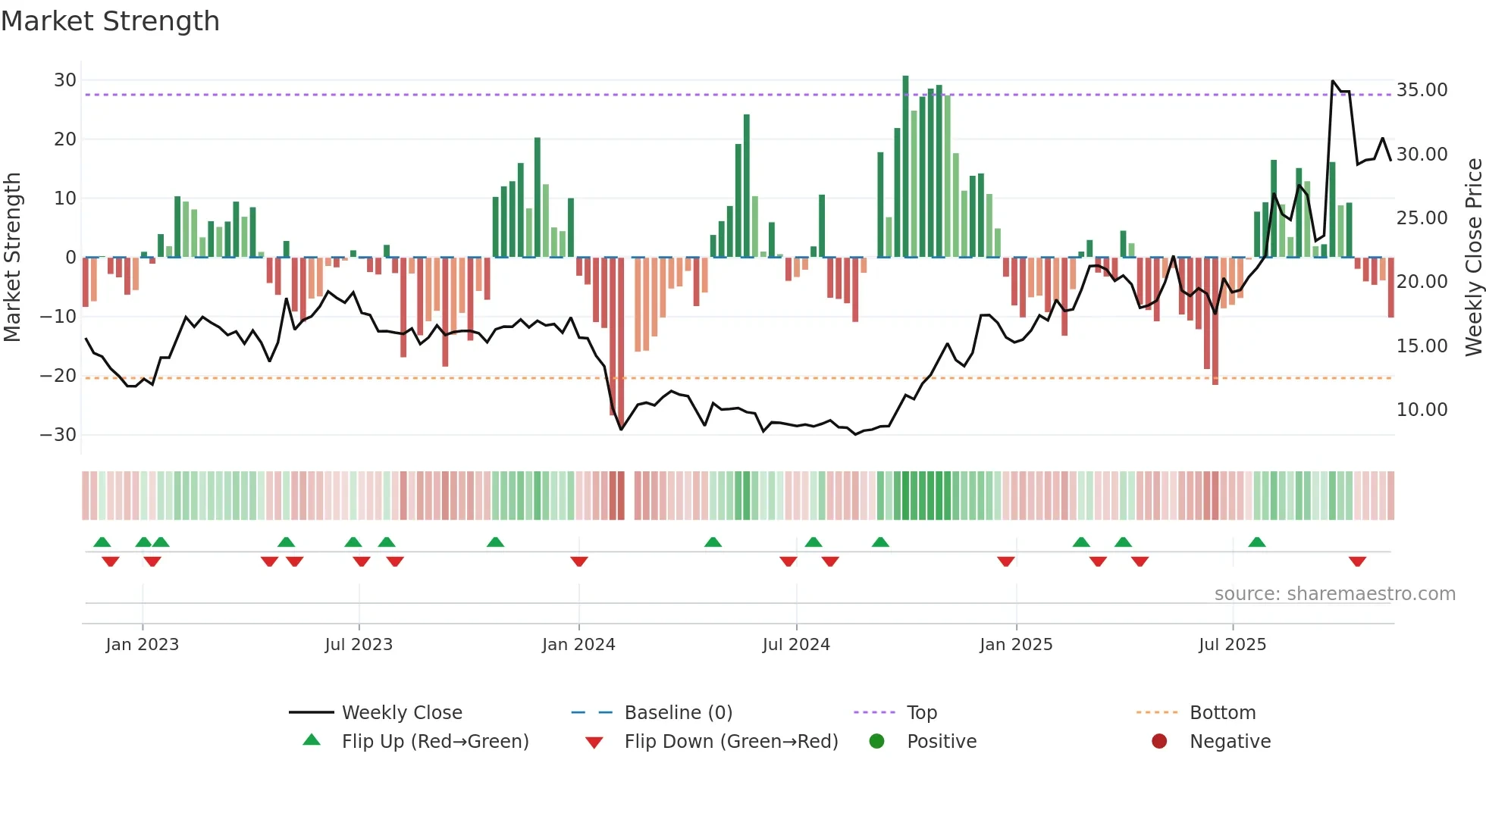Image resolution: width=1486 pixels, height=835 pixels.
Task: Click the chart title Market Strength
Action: (x=110, y=21)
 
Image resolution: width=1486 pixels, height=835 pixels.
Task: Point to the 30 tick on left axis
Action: (x=65, y=80)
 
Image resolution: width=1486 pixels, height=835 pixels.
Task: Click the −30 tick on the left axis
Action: (x=58, y=435)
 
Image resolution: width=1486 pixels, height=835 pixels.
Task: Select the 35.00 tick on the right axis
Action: (x=1422, y=90)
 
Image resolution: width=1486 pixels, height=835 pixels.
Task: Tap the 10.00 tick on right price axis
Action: (x=1422, y=410)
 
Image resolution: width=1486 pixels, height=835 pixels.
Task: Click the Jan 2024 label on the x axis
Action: (x=578, y=645)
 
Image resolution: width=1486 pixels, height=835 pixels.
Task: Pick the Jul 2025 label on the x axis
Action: (x=1232, y=645)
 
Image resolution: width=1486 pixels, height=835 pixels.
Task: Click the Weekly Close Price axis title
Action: (x=1473, y=258)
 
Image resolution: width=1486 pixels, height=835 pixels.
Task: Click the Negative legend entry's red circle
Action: (x=1159, y=742)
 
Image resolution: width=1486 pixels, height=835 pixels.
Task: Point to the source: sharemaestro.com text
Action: (x=1334, y=594)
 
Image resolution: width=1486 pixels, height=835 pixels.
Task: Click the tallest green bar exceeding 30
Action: (x=905, y=167)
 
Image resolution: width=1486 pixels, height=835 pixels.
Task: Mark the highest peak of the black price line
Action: (x=1333, y=81)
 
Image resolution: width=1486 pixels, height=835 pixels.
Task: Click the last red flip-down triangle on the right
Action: (x=1357, y=561)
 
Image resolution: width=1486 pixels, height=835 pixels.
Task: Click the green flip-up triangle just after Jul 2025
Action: (x=1256, y=542)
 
